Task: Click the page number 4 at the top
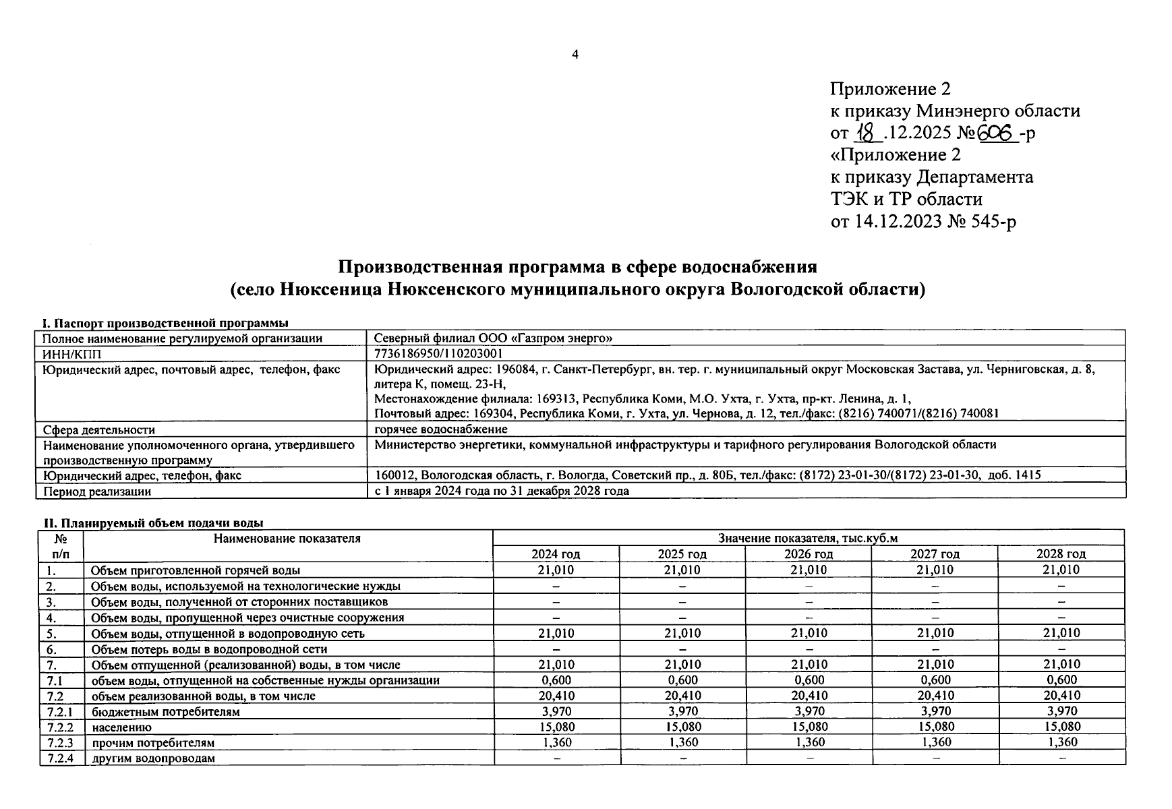[575, 55]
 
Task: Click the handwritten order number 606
[997, 133]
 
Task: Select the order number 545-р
[993, 220]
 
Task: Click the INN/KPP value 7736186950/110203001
[438, 354]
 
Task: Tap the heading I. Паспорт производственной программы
[165, 323]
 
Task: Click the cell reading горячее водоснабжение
[441, 429]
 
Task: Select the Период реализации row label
[97, 491]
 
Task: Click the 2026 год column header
[808, 554]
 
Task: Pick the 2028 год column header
[1061, 554]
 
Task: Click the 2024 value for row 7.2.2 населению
[556, 727]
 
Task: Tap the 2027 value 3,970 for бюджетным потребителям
[935, 711]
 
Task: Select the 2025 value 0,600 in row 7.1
[682, 680]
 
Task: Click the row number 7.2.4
[61, 758]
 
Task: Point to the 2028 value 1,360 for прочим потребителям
[1061, 742]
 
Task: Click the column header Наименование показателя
[287, 539]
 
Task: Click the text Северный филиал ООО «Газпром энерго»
[493, 338]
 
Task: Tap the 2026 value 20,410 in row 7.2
[808, 696]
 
